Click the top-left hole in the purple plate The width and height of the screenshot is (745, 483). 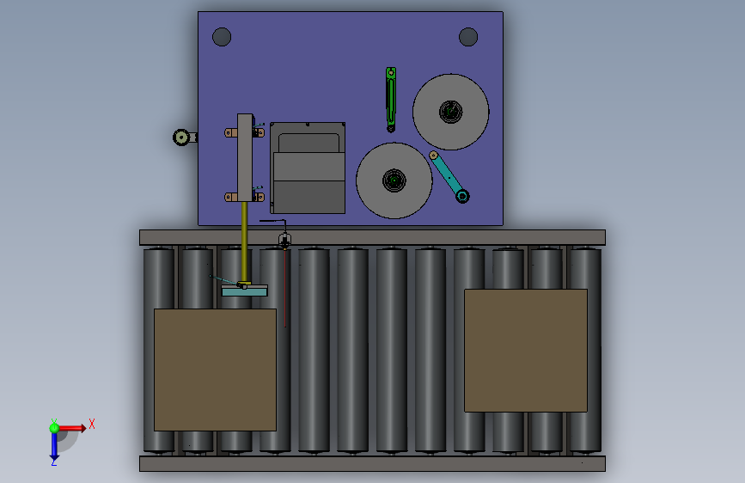click(x=222, y=37)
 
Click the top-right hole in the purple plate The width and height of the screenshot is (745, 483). click(x=468, y=37)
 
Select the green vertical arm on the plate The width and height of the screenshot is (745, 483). click(x=391, y=100)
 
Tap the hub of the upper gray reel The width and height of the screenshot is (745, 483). click(x=450, y=112)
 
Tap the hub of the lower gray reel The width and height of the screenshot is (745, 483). click(x=394, y=180)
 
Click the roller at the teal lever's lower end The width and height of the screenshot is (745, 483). click(x=462, y=196)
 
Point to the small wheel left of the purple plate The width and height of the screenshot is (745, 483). click(x=181, y=138)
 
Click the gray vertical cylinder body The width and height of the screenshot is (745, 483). click(x=245, y=158)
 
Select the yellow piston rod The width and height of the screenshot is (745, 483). click(x=244, y=242)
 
